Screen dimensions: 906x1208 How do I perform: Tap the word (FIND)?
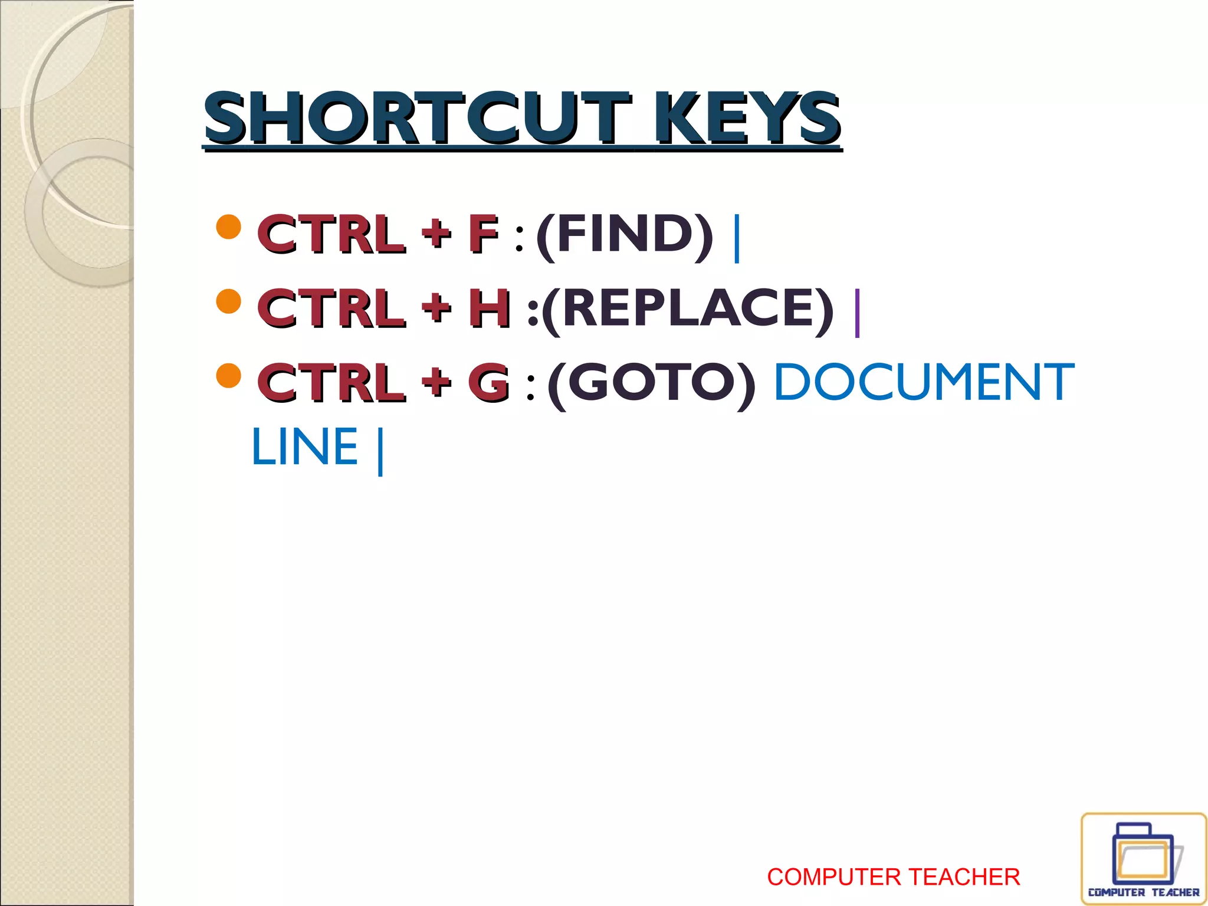pos(625,235)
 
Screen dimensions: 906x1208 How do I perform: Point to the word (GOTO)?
pos(651,383)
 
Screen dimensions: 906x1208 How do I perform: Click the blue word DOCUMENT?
pos(924,383)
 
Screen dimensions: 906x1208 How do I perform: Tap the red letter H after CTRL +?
pos(489,308)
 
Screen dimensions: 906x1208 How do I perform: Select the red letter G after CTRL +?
pos(488,383)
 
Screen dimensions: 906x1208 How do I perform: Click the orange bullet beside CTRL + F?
pos(229,226)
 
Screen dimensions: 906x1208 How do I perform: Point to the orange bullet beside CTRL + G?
pos(229,376)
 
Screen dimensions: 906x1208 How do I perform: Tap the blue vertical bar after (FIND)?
pos(736,238)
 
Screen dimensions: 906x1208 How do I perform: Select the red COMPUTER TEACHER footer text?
pos(893,877)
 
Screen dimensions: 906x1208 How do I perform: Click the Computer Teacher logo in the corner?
pos(1143,859)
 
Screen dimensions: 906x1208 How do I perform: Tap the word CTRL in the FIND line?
pos(331,235)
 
